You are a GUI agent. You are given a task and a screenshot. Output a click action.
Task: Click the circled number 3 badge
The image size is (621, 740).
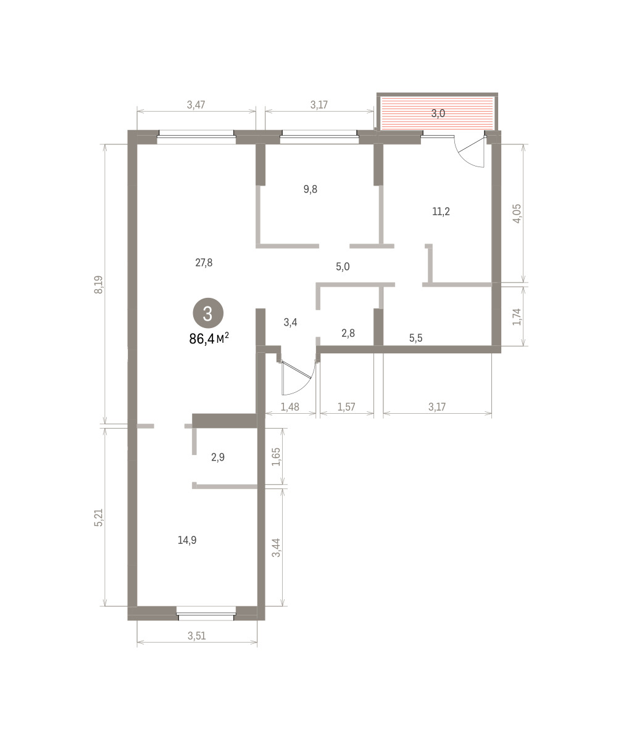coord(208,313)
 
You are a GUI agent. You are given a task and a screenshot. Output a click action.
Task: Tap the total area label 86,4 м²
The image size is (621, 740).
coord(209,339)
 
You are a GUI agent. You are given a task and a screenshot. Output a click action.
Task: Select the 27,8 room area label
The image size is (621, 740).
coord(204,263)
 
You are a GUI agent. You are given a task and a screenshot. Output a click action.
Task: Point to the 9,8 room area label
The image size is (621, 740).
coord(310,189)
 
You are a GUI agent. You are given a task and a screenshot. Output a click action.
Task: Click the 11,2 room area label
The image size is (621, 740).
coord(441,212)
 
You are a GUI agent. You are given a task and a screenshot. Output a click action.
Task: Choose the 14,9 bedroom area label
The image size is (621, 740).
coord(187,540)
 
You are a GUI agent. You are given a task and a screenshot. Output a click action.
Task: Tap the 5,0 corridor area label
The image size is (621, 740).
coord(343,266)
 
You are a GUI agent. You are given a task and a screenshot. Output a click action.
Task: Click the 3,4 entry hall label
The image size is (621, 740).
coord(290,322)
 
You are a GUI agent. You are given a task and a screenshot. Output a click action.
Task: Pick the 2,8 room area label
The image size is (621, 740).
coord(348,333)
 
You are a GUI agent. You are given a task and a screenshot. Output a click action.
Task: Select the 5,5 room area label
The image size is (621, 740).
coord(416,338)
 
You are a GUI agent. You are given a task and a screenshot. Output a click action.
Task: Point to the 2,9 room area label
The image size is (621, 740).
coord(218,457)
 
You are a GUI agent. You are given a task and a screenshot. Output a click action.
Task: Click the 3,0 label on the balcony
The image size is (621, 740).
coord(438,113)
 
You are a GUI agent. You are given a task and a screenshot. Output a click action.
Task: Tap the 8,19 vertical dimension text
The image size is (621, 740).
coord(99,284)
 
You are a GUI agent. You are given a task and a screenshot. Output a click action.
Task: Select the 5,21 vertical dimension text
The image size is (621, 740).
coord(99,518)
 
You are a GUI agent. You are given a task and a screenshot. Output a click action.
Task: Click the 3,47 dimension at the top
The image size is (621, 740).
coord(196,105)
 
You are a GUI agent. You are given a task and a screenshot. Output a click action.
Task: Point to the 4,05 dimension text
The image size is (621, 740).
coord(517,213)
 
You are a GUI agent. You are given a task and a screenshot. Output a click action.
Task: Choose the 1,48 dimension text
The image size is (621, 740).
coord(290,407)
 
